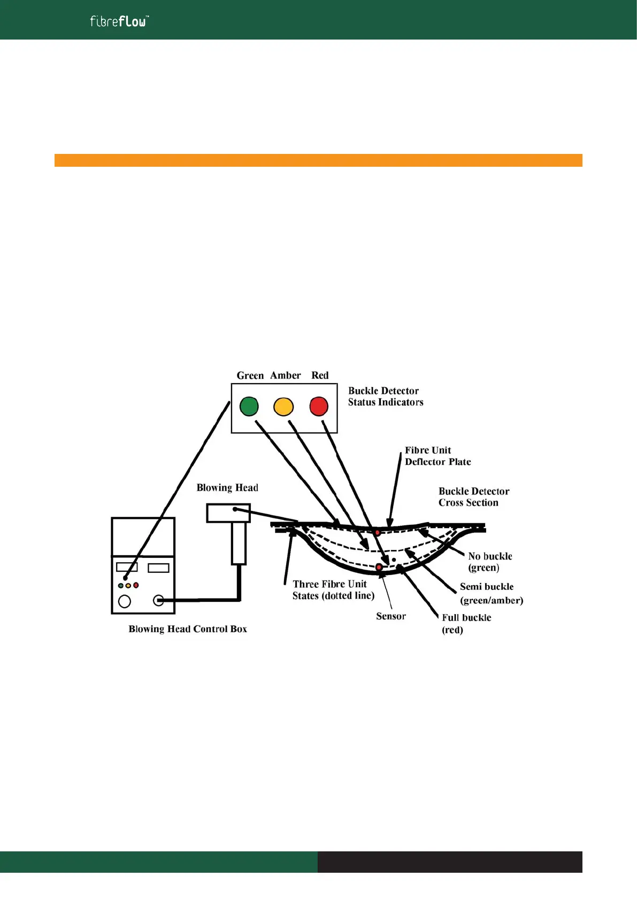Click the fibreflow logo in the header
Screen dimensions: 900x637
click(x=119, y=21)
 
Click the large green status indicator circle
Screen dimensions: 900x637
click(x=249, y=406)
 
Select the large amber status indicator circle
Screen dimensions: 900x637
click(x=283, y=407)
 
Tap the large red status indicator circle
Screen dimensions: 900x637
click(x=319, y=406)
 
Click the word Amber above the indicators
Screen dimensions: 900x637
click(x=285, y=375)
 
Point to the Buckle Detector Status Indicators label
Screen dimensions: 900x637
click(x=385, y=397)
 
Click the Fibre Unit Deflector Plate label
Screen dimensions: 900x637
click(x=437, y=456)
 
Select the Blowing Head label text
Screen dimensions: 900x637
click(x=227, y=487)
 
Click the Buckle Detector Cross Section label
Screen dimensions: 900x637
click(x=473, y=496)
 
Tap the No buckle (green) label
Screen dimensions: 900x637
click(x=489, y=562)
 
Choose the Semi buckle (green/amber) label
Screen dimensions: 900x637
click(x=491, y=593)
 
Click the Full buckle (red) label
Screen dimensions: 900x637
click(x=466, y=623)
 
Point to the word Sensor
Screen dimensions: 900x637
click(x=390, y=616)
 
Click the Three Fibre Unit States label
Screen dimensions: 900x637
click(x=333, y=589)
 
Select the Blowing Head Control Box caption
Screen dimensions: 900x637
click(x=188, y=629)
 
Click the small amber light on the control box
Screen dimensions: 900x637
click(x=128, y=586)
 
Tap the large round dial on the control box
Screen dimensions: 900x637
click(x=125, y=601)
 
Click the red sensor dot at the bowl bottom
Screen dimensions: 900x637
click(x=379, y=567)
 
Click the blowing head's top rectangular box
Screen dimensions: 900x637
click(x=228, y=513)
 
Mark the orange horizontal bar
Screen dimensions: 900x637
click(x=318, y=160)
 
